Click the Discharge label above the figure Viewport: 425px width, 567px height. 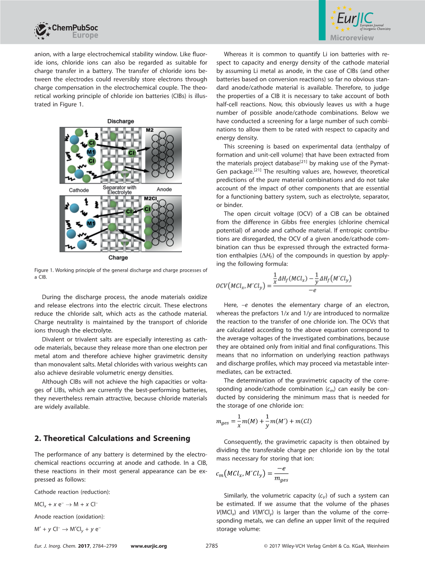point(120,121)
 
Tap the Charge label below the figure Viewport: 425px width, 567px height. point(118,258)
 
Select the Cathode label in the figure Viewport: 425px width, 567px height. point(79,190)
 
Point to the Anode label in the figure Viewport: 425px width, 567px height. point(164,190)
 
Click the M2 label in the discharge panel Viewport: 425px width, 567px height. point(150,131)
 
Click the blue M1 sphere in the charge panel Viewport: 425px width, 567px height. point(91,223)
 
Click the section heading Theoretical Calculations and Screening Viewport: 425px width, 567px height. point(112,438)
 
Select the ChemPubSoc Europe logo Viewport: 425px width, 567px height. point(66,31)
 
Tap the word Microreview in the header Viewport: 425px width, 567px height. point(352,38)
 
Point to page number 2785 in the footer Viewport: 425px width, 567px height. point(212,546)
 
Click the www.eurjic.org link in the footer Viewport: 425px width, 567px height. point(149,546)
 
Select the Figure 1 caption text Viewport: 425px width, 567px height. point(120,273)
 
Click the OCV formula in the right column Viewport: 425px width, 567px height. point(283,283)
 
